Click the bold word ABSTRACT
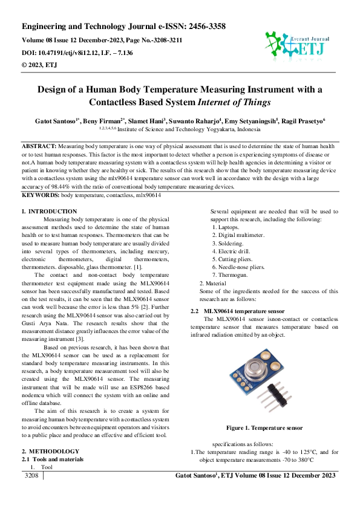[39, 147]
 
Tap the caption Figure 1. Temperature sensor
[264, 428]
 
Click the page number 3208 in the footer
[31, 476]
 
